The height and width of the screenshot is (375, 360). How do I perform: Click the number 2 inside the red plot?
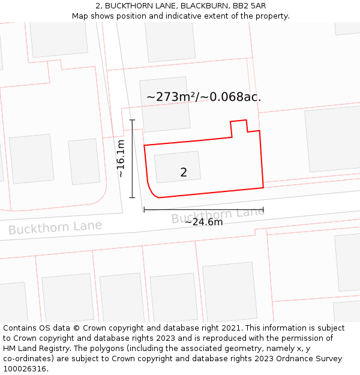point(184,173)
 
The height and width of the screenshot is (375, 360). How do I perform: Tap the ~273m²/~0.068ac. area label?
point(204,97)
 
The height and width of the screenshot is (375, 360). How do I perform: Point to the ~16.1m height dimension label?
point(121,158)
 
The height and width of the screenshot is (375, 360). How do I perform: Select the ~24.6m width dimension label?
point(203,222)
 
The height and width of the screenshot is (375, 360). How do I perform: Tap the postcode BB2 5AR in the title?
point(250,6)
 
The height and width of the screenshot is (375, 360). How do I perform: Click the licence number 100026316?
point(25,369)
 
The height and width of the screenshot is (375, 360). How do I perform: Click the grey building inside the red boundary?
point(178,167)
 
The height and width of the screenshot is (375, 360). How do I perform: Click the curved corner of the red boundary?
point(151,190)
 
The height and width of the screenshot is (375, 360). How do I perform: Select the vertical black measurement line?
point(132,159)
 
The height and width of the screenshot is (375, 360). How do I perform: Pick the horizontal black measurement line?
point(203,209)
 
